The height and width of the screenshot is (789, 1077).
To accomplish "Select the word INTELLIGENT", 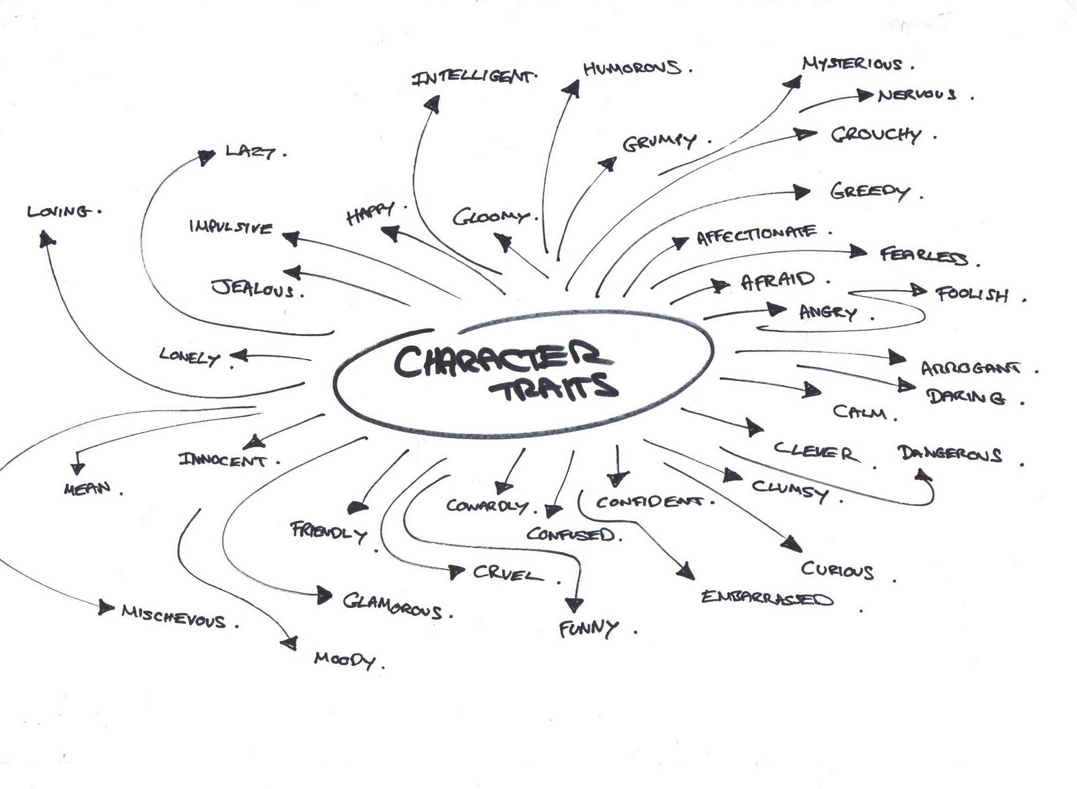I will point(473,77).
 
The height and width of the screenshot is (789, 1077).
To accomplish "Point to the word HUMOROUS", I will point(631,68).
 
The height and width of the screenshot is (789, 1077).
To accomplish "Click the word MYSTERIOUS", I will point(852,64).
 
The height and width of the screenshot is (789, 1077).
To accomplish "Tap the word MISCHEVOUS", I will point(173,616).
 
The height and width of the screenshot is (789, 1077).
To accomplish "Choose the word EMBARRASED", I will point(767,598).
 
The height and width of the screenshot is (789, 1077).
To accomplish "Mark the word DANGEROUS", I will point(950,454).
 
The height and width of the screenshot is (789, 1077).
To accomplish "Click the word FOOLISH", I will point(972,294).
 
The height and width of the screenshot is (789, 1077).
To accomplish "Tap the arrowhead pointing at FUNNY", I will point(574,604).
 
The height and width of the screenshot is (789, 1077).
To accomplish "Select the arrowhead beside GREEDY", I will point(801,192).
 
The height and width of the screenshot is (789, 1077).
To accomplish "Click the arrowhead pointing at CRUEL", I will point(457,572).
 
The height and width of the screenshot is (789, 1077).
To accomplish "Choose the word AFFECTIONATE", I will point(756,235).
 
